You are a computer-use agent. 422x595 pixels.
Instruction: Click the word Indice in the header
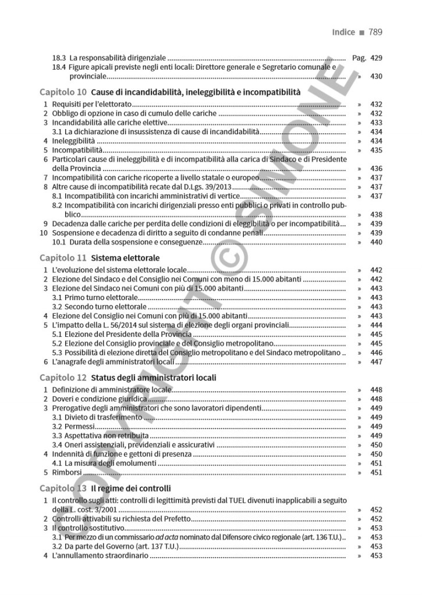(343, 32)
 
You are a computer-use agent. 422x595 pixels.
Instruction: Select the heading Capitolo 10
(63, 92)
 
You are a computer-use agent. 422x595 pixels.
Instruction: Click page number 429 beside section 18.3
(375, 58)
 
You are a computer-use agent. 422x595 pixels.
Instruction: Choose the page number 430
(375, 76)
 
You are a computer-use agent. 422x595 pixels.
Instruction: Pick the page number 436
(375, 168)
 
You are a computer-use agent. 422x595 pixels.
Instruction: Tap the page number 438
(375, 214)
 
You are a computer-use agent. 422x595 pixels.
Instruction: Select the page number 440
(375, 241)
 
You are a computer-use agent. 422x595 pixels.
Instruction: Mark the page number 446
(375, 352)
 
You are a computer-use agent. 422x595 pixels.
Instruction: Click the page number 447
(375, 362)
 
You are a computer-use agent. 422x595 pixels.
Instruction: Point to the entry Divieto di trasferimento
(102, 417)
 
